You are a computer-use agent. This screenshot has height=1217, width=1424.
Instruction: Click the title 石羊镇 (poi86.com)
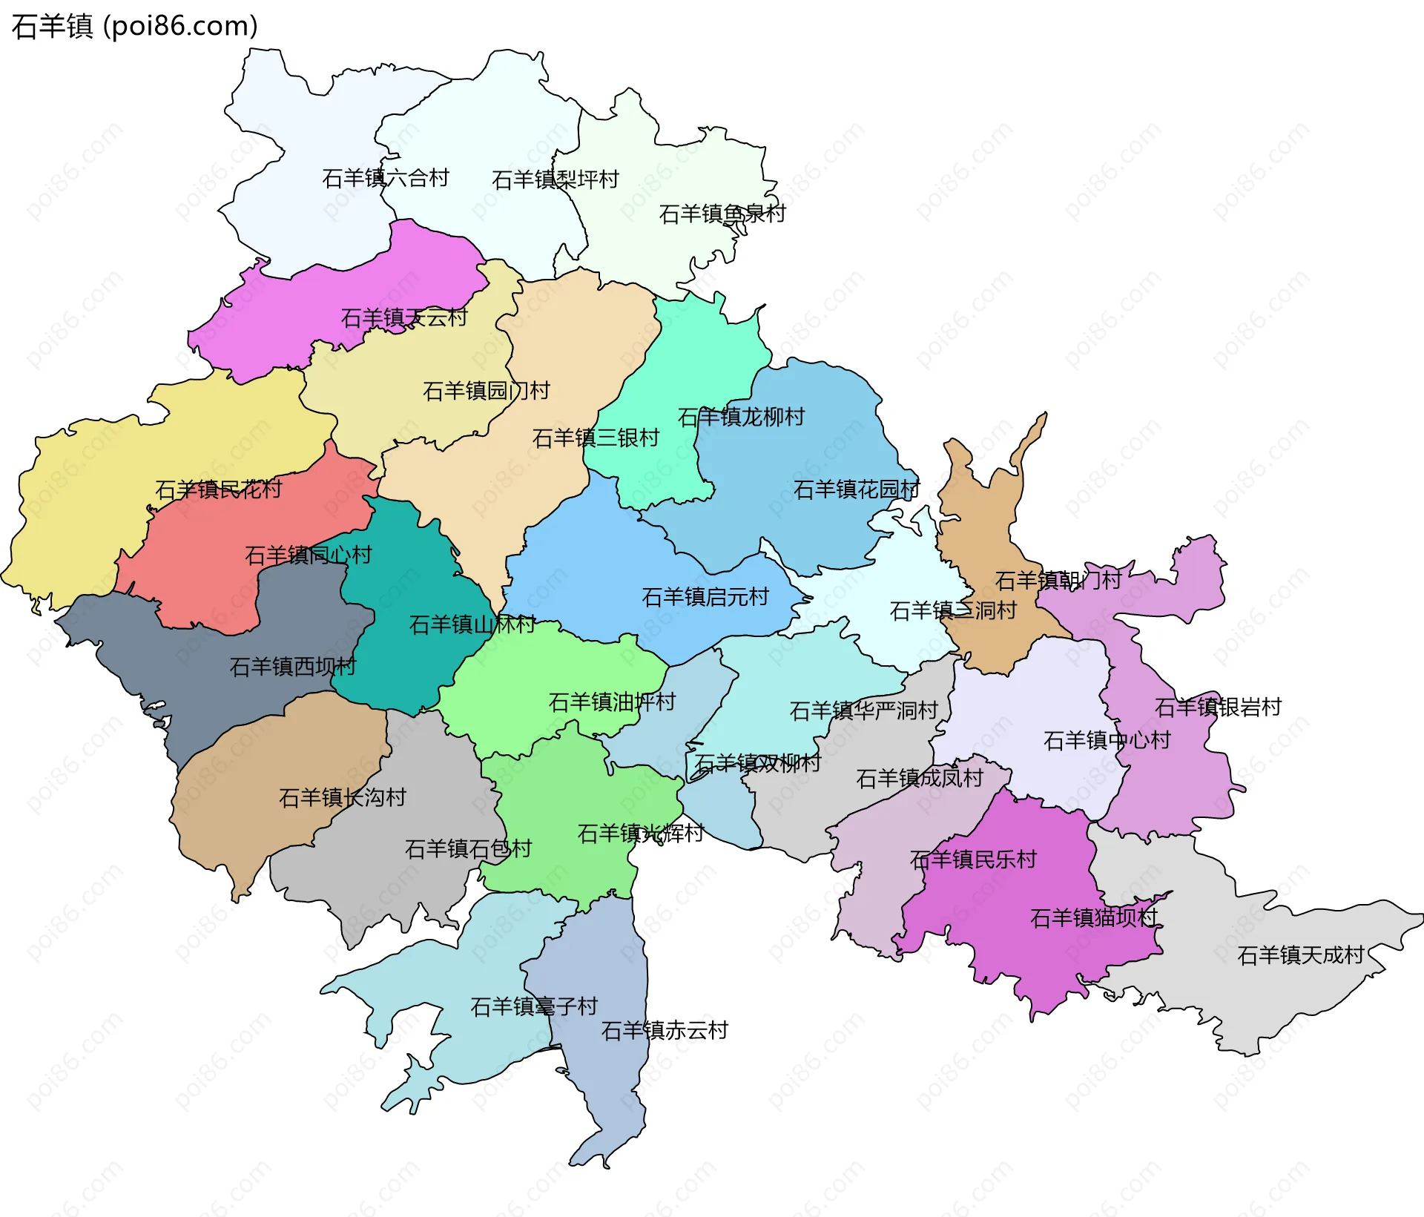coord(134,27)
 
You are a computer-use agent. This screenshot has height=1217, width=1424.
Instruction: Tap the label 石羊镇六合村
coord(386,178)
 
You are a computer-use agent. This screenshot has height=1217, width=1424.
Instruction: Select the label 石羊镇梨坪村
coord(555,179)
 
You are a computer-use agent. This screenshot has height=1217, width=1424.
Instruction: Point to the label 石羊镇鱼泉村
coord(722,214)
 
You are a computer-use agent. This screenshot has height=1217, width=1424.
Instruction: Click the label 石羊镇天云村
coord(404,318)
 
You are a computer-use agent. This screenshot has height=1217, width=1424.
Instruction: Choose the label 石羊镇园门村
coord(486,391)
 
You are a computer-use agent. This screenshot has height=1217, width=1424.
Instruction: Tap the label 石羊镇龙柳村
coord(741,417)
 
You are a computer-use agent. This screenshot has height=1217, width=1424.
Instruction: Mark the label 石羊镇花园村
coord(857,489)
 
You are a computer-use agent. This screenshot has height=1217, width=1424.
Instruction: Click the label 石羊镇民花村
coord(219,489)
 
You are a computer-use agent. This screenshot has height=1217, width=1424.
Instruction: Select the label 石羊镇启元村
coord(705,597)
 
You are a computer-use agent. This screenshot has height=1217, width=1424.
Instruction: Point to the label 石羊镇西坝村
coord(293,667)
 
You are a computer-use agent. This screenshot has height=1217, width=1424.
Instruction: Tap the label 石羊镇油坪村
coord(612,702)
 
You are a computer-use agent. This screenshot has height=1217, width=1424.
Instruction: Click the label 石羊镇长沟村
coord(343,797)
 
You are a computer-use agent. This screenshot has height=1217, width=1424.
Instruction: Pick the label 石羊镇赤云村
coord(665,1030)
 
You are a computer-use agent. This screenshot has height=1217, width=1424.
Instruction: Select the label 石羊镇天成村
coord(1301,955)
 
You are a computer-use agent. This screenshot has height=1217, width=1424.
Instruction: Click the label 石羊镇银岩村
coord(1218,708)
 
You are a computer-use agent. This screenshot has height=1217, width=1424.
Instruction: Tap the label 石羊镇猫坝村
coord(1094,918)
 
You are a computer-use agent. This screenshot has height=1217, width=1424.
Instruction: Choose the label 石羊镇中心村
coord(1107,740)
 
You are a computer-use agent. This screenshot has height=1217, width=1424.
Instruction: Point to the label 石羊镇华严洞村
coord(864,711)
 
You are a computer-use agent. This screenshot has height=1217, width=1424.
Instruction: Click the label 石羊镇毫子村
coord(534,1006)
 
